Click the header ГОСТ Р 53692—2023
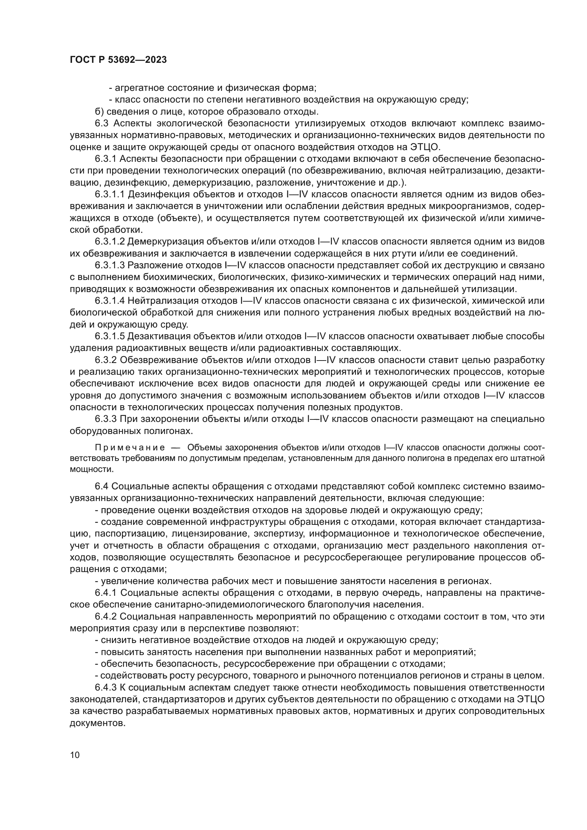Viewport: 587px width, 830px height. coord(118,60)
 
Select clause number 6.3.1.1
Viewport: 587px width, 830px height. coord(110,194)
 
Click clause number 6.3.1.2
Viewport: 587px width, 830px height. coord(110,242)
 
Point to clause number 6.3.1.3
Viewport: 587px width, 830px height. coord(110,265)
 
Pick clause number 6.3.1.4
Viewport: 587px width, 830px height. coord(110,301)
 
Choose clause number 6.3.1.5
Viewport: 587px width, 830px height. coord(110,336)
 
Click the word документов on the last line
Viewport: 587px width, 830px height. coord(97,722)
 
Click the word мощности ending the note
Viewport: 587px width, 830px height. coord(91,469)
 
